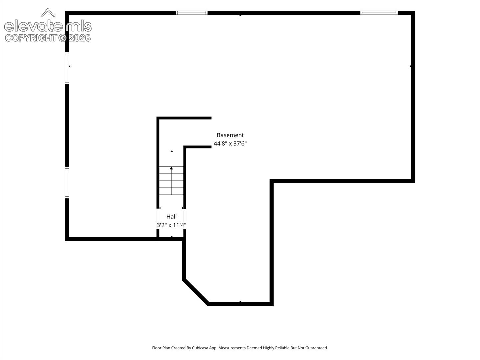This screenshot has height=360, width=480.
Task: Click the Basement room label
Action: point(230,135)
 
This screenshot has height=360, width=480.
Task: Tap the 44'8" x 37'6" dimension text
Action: point(230,144)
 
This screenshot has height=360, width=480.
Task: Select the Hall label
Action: point(171,217)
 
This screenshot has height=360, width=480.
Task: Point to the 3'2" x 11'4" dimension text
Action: point(171,225)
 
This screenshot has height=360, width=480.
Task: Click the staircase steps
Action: point(171,181)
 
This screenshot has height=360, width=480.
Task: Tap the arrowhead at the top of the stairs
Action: point(171,168)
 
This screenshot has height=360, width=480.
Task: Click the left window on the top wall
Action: point(192,13)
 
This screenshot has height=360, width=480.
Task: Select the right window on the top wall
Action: point(379,13)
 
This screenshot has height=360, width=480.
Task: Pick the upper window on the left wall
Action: point(67,68)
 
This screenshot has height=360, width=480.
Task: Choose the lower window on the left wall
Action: point(67,183)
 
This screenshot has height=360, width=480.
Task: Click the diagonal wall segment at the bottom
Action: point(196,292)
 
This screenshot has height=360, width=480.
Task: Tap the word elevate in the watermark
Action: point(33,26)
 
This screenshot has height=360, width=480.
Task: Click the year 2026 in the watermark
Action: point(79,38)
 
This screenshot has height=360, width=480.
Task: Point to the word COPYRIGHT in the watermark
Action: point(31,38)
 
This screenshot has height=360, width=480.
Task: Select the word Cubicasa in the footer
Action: point(200,348)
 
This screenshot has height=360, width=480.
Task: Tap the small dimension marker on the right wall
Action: point(410,66)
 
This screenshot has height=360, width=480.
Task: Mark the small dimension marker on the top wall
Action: point(240,15)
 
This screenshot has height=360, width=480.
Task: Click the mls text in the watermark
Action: point(79,26)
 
